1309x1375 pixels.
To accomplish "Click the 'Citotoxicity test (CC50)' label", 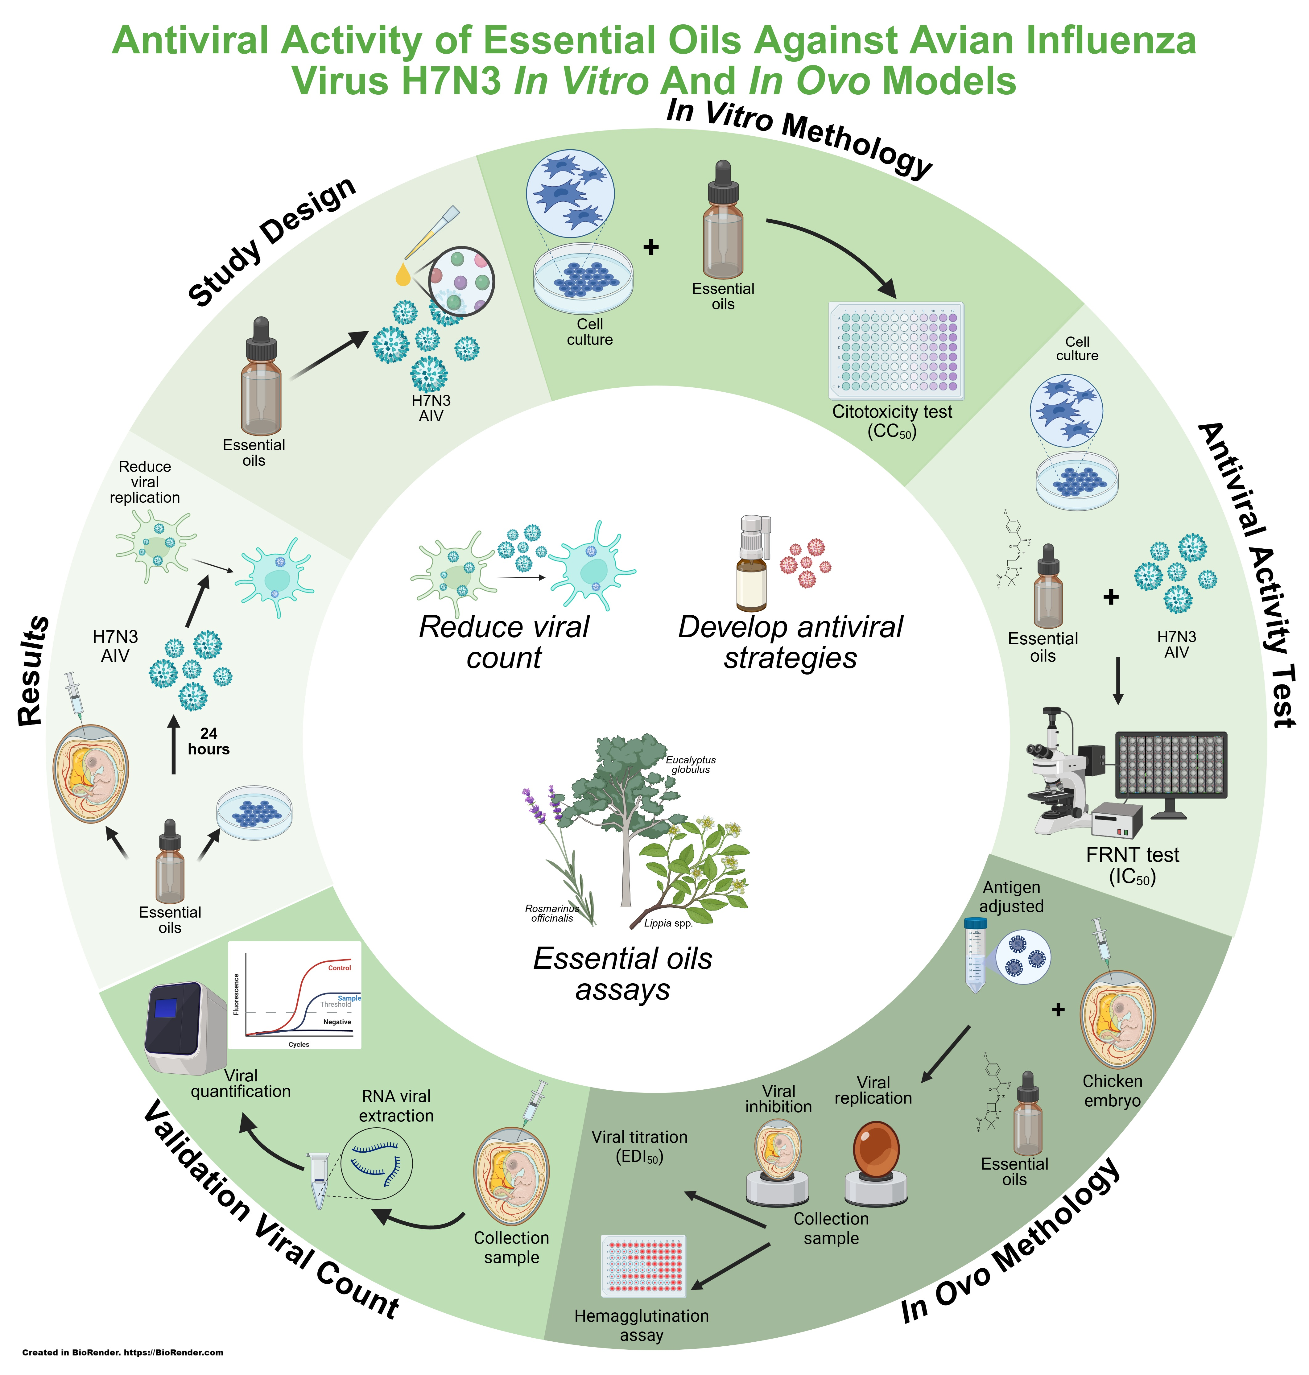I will coord(892,421).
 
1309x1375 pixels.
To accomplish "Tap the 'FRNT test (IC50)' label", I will coord(1133,865).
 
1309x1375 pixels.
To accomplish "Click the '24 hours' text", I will coord(208,741).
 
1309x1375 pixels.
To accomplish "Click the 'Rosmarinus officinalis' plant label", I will coord(552,913).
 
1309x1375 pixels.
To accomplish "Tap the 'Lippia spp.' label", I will coord(668,923).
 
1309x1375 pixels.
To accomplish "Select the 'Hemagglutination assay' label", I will coord(641,1325).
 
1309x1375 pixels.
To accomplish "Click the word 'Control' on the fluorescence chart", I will coord(340,968).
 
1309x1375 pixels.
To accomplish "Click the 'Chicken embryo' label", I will coord(1112,1090).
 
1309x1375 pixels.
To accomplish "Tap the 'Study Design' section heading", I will coord(272,241).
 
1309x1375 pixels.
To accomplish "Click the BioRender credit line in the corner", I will coord(123,1352).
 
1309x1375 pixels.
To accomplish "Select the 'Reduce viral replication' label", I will coord(144,482).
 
